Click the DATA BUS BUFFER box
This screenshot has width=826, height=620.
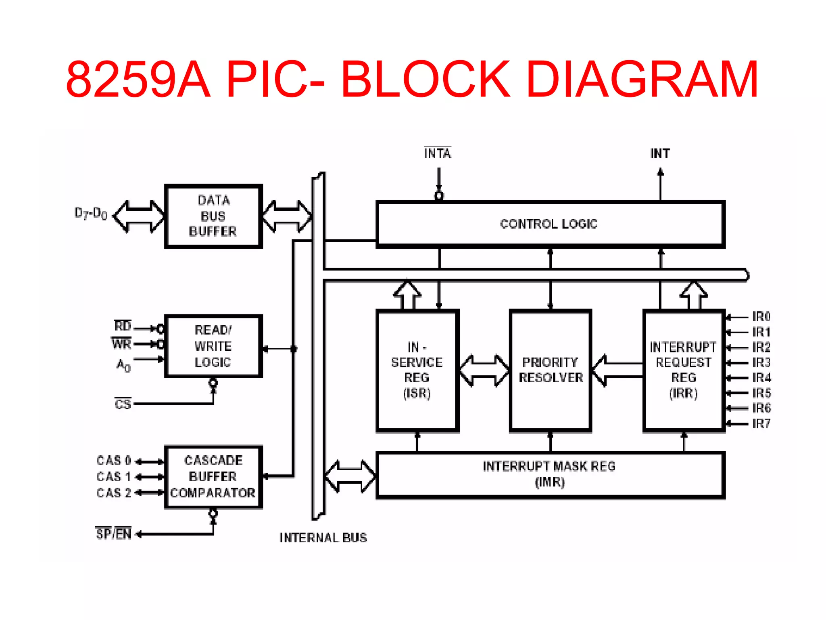[x=213, y=216]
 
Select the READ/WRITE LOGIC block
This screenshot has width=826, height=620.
[x=213, y=346]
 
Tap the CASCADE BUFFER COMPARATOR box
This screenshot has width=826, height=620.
[x=213, y=477]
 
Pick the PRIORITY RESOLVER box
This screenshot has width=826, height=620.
[x=551, y=370]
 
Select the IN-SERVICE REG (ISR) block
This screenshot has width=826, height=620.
[x=417, y=370]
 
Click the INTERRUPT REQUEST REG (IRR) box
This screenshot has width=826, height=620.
[x=684, y=370]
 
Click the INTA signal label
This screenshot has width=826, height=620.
[x=438, y=153]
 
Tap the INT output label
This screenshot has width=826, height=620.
[x=660, y=153]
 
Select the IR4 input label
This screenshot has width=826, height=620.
[x=761, y=378]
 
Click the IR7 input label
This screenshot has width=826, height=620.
[x=761, y=424]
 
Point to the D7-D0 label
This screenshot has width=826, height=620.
[x=91, y=214]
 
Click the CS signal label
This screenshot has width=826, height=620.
[x=123, y=404]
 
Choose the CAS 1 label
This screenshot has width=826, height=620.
[x=114, y=477]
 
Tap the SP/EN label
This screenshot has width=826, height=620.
[x=114, y=534]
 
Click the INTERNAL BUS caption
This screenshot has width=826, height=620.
[x=323, y=538]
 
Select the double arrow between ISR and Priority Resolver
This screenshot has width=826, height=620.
[x=484, y=370]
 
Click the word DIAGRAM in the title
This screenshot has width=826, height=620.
[x=642, y=79]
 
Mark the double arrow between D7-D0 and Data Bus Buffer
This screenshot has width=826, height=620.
[x=139, y=216]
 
